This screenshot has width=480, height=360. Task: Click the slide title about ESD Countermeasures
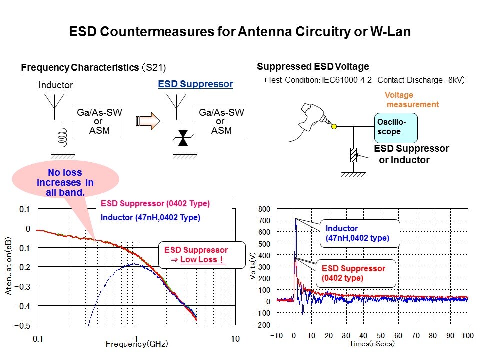(239, 33)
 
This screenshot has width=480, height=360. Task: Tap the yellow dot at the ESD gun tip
(333, 126)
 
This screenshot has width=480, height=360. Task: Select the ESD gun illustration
(315, 117)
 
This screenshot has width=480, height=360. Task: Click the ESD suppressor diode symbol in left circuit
(183, 138)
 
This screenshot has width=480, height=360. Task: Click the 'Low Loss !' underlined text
(203, 260)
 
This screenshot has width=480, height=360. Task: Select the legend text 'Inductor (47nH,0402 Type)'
(150, 218)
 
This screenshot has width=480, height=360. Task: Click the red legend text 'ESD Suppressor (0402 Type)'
(155, 204)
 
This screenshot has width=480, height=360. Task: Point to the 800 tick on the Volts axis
(264, 209)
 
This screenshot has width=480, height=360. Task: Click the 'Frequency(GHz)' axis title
(136, 344)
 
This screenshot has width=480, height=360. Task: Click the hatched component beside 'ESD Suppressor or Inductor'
(354, 155)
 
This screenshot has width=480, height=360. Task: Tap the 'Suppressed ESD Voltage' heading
(313, 67)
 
